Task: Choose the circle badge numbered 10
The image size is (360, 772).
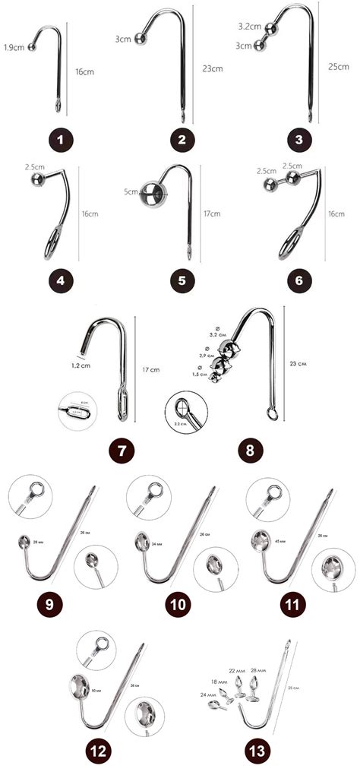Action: coord(180,605)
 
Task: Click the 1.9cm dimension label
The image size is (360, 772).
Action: coord(13,47)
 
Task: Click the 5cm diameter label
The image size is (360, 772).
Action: coord(130,192)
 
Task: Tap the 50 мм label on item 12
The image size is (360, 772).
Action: coord(96,690)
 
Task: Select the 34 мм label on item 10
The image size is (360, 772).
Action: coord(158,543)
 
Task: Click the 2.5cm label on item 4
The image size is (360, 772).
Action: coord(33,166)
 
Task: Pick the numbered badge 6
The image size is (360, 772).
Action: coord(301,280)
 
